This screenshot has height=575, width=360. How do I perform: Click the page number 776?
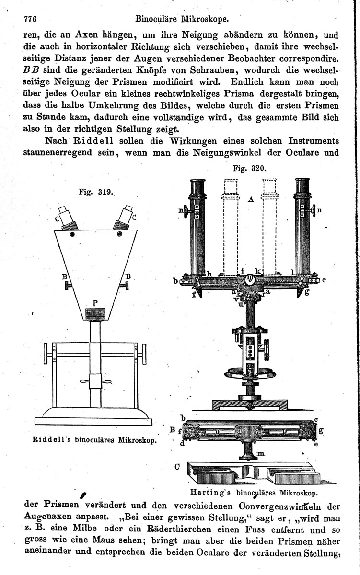tap(30, 19)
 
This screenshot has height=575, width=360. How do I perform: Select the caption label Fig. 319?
tap(96, 192)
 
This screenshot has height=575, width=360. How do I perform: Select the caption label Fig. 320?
tap(249, 168)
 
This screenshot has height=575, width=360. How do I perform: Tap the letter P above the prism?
tap(95, 303)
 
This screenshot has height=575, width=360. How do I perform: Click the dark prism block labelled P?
tap(95, 314)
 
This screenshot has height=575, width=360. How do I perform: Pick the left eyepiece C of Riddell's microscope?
tap(67, 218)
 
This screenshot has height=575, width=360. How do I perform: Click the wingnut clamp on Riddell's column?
tap(95, 382)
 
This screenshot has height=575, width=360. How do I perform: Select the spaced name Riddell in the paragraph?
tap(93, 141)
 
